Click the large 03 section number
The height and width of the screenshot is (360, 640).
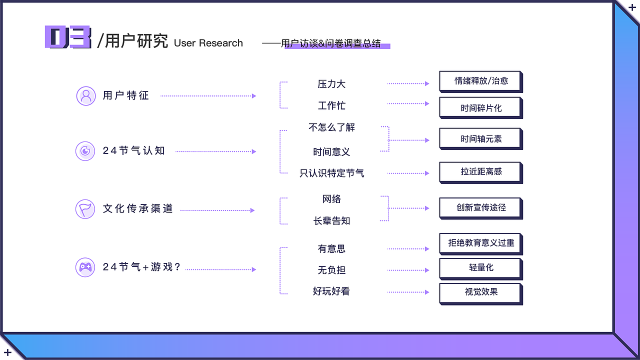click(68, 38)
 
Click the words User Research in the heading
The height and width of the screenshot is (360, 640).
click(208, 43)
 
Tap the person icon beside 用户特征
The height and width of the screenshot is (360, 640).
click(86, 95)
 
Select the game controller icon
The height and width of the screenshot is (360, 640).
click(85, 267)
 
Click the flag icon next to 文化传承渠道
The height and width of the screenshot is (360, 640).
click(85, 209)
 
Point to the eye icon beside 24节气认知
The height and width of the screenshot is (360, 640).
click(85, 150)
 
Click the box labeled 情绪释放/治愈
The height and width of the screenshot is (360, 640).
click(480, 81)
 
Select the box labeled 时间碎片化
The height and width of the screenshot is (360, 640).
click(480, 107)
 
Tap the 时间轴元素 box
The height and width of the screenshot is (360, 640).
click(480, 138)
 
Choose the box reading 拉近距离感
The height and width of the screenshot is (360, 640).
click(480, 171)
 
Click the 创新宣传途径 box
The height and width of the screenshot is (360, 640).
click(480, 207)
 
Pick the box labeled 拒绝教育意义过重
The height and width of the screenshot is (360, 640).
click(480, 243)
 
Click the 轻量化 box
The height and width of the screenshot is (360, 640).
click(480, 267)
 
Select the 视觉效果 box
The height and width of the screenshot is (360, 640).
click(480, 292)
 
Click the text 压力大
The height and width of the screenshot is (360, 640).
click(331, 84)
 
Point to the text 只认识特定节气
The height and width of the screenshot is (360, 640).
click(331, 173)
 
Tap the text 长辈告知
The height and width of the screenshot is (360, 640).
click(331, 220)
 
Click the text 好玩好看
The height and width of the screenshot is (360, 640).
click(331, 291)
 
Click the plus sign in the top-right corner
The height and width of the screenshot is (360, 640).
click(632, 7)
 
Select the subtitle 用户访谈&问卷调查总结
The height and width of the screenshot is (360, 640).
click(330, 43)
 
